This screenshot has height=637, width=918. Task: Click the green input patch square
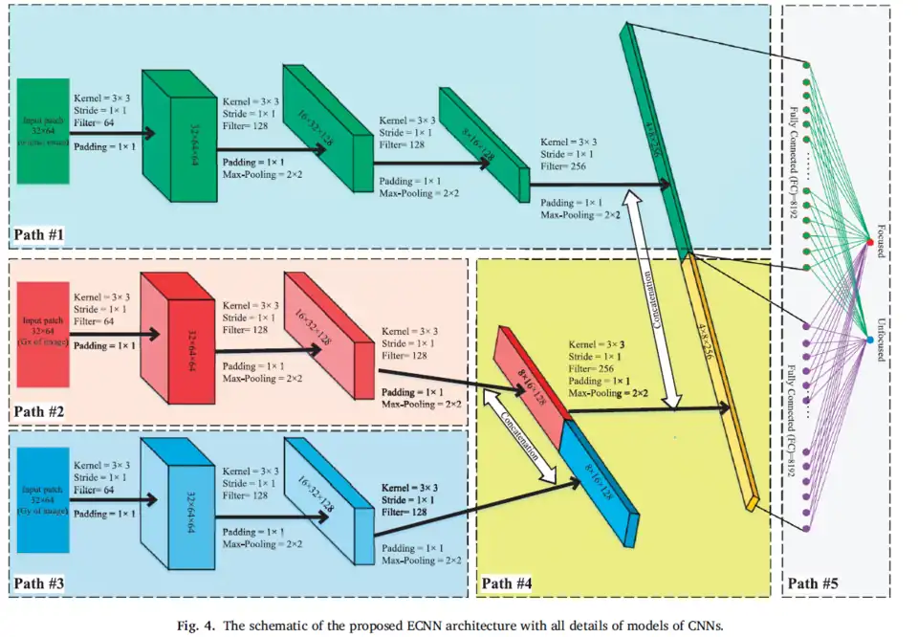(42, 130)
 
